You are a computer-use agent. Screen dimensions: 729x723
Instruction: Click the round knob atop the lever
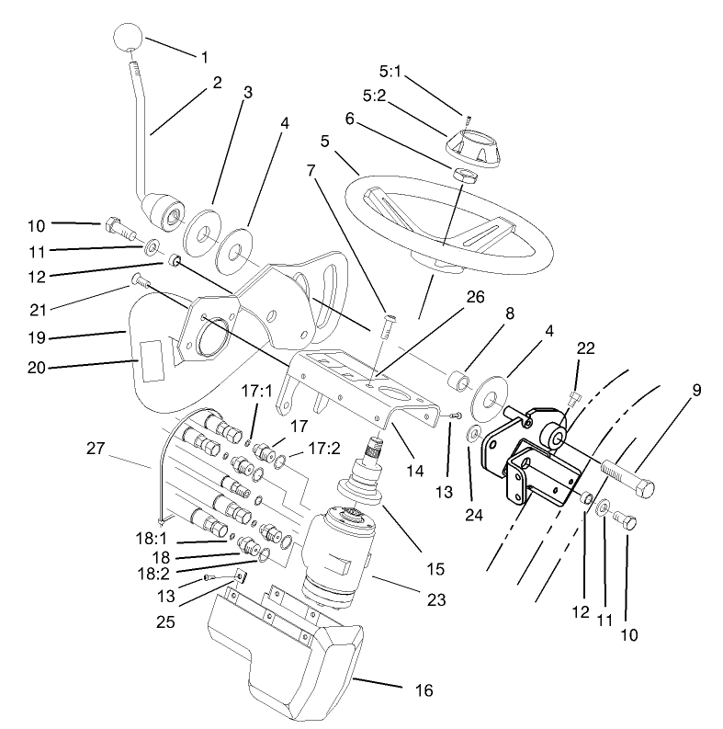tap(129, 40)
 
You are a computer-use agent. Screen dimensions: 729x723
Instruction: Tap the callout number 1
tap(204, 56)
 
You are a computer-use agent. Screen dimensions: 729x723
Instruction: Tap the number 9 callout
tap(695, 390)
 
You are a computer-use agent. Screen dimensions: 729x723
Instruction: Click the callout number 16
tap(424, 689)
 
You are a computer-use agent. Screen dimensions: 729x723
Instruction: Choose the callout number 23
tap(435, 599)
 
